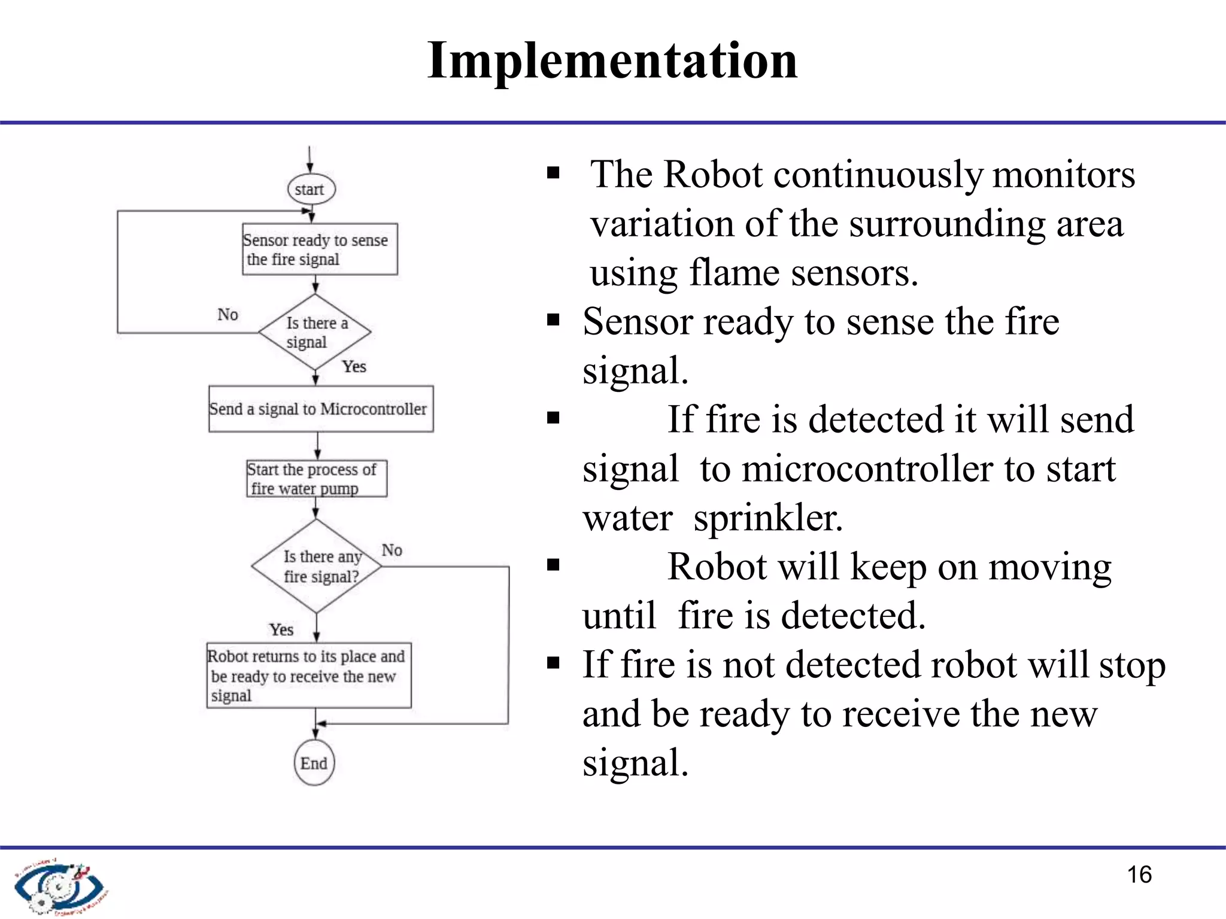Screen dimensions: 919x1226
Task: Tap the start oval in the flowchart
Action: pos(311,189)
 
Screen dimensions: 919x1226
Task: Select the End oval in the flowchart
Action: pos(314,763)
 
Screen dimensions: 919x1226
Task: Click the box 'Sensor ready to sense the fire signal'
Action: pos(320,249)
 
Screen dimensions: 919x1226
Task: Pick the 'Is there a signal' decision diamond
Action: pos(315,331)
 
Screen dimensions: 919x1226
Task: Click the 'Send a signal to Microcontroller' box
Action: pos(321,409)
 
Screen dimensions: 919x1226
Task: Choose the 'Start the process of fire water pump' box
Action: pos(317,479)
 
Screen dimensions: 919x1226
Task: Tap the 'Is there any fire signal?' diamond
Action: pos(317,566)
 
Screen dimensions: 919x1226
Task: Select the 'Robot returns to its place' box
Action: pos(309,675)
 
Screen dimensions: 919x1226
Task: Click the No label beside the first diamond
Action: pos(227,315)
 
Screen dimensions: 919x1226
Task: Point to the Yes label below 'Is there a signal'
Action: pos(354,366)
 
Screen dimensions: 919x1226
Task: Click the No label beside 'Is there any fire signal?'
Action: pos(392,550)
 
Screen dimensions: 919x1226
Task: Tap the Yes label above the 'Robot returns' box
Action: pos(281,629)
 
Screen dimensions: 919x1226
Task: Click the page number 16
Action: pos(1139,875)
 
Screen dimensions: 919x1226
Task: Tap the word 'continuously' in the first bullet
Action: pos(878,175)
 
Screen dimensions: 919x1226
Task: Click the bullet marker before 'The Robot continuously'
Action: pos(553,174)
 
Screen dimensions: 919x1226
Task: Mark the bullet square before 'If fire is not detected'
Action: pos(553,662)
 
